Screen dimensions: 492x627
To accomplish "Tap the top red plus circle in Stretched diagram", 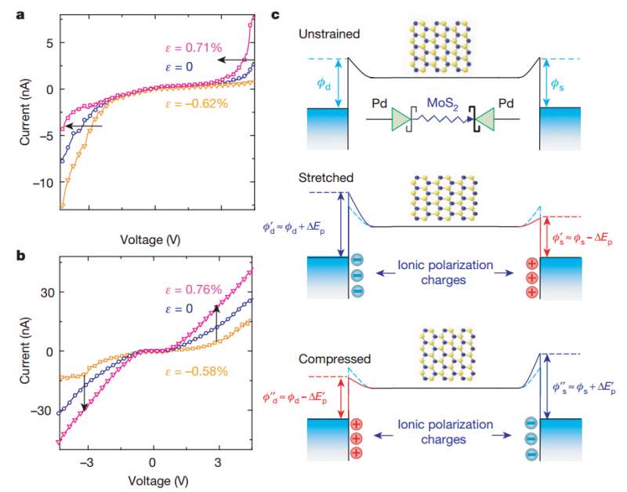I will click(x=530, y=262).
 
